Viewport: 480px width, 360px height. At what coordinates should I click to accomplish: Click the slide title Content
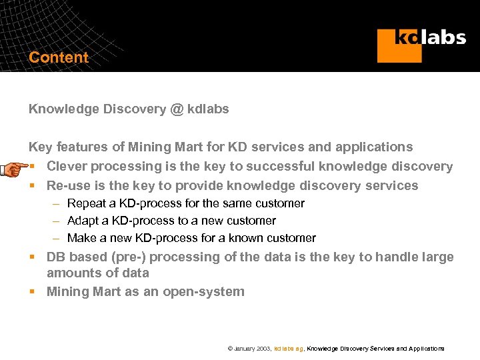(59, 57)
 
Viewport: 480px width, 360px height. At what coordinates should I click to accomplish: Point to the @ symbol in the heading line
(177, 109)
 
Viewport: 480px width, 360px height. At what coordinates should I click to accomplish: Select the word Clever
(67, 166)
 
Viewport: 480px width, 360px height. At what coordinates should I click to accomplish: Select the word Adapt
(83, 221)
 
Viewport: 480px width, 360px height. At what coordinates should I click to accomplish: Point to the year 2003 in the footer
(261, 349)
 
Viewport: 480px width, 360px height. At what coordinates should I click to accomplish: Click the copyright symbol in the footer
(230, 349)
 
